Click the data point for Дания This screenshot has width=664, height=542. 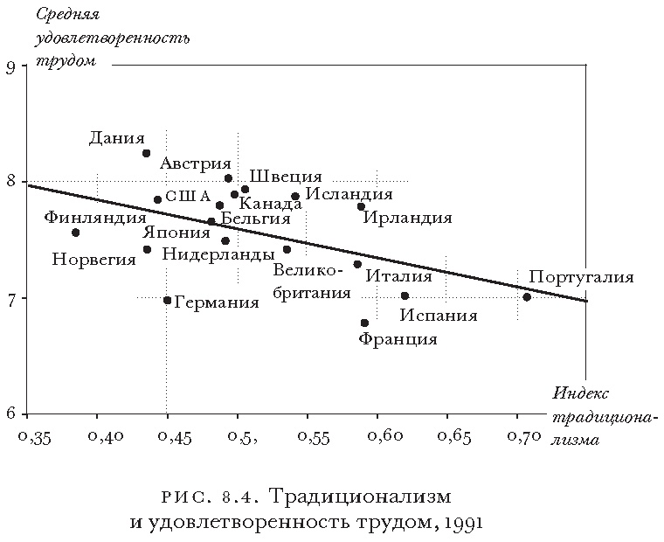point(147,153)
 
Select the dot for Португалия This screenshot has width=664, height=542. point(527,297)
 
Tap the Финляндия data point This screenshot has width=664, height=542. point(76,233)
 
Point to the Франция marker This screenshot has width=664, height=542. point(364,323)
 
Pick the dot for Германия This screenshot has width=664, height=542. point(168,301)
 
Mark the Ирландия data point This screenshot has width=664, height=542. point(361,206)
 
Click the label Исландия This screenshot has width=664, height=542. point(349,194)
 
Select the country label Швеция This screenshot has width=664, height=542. point(286,177)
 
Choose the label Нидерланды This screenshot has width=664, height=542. point(218,254)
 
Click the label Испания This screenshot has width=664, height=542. point(439,316)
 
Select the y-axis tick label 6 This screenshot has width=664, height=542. point(10,413)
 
